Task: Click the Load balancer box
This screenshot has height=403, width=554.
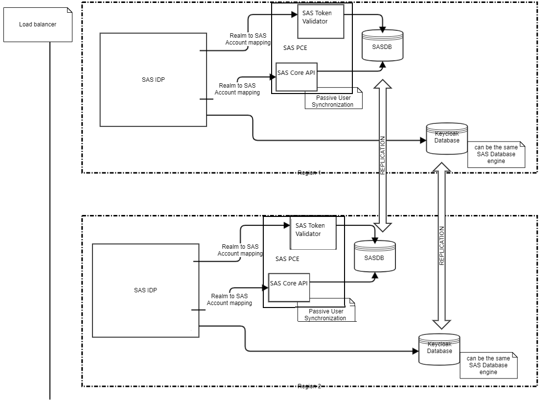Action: pyautogui.click(x=38, y=24)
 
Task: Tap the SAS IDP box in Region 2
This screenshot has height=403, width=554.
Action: pyautogui.click(x=145, y=290)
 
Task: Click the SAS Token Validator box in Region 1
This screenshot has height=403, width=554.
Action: pyautogui.click(x=321, y=21)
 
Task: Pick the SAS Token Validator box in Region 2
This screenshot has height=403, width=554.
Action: pyautogui.click(x=313, y=233)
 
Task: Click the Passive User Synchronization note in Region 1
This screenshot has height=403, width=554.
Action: pyautogui.click(x=334, y=101)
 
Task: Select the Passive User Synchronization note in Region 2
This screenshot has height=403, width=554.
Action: pyautogui.click(x=326, y=314)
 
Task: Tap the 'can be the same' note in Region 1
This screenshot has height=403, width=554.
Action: pyautogui.click(x=496, y=154)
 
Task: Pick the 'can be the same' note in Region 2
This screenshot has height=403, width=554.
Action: pyautogui.click(x=488, y=365)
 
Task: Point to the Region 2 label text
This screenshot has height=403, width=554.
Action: pyautogui.click(x=309, y=386)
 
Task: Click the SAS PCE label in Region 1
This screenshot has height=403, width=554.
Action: pyautogui.click(x=295, y=48)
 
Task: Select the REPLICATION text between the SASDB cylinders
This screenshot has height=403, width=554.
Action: pyautogui.click(x=383, y=155)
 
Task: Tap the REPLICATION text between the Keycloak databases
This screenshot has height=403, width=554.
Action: pyautogui.click(x=441, y=246)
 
